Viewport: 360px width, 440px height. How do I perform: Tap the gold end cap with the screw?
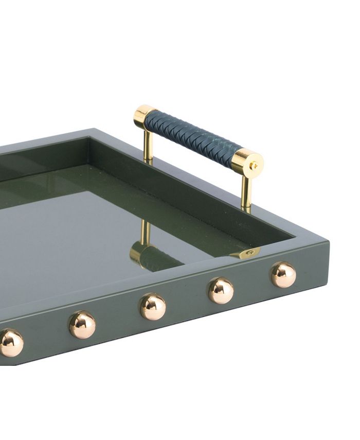(x=248, y=164)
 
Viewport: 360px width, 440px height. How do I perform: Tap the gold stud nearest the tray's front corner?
(x=284, y=275)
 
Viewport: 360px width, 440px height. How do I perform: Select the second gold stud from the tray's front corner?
(x=221, y=291)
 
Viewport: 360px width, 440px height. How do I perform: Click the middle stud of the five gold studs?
(x=153, y=307)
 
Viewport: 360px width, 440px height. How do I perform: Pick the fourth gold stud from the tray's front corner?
(x=82, y=325)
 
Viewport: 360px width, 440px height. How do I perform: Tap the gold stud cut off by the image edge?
(x=10, y=343)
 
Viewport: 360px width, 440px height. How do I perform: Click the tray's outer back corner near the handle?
(x=93, y=129)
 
